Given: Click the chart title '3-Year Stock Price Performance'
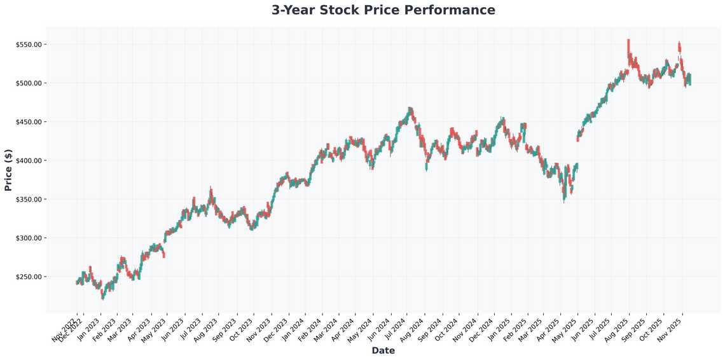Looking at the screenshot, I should point(383,10).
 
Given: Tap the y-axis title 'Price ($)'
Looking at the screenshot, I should point(8,170).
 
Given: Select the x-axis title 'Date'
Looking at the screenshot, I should point(383,350).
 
